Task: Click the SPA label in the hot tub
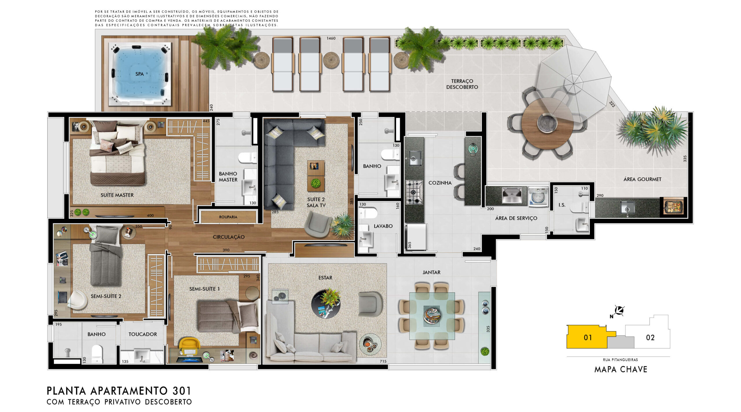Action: click(140, 74)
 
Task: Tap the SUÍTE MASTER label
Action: click(117, 195)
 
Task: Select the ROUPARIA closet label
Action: click(228, 217)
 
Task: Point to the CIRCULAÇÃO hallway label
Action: click(229, 237)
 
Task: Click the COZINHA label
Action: click(440, 183)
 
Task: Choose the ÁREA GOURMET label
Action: click(642, 179)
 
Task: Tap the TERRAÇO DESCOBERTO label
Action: click(462, 84)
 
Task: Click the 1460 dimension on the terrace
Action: click(331, 38)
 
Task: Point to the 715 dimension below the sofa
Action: click(383, 361)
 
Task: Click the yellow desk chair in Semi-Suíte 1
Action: click(189, 345)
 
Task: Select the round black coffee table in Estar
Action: click(326, 304)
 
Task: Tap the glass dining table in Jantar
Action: click(432, 316)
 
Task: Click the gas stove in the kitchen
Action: click(414, 192)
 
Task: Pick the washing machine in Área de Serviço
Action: click(538, 197)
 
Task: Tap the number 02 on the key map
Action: click(650, 337)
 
